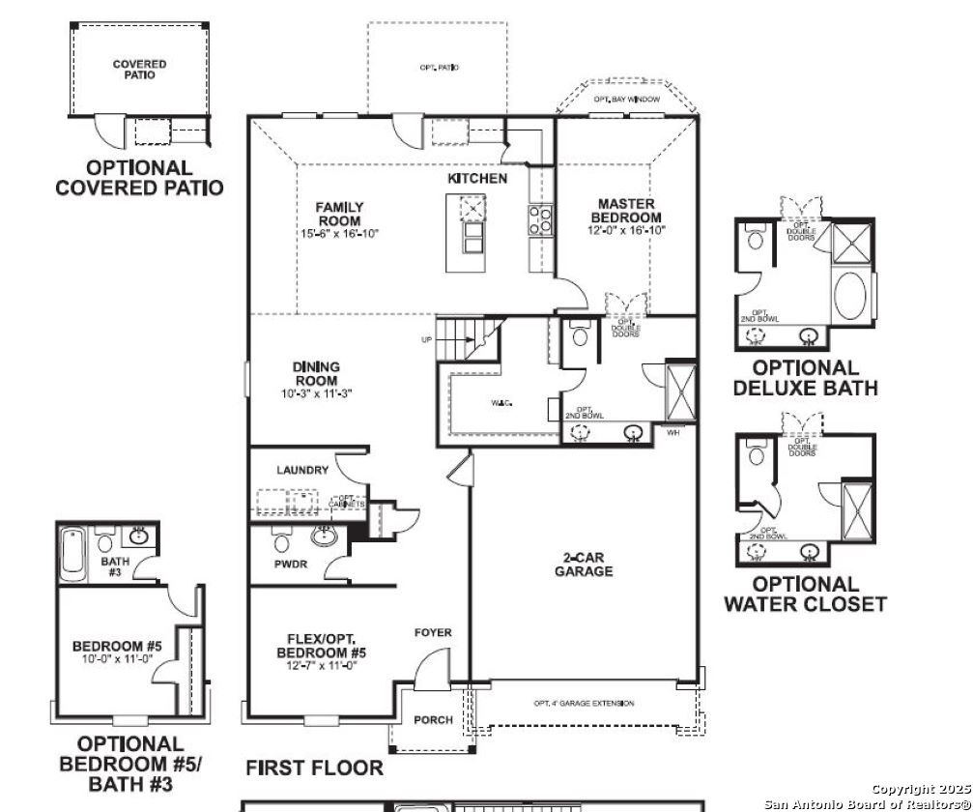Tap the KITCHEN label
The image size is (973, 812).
pos(476,179)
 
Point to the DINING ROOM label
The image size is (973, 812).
pos(316,374)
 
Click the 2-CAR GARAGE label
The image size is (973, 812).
pos(583,565)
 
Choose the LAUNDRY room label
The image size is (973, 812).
pos(302,471)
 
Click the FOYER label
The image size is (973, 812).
pos(433,633)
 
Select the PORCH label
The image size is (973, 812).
pos(433,720)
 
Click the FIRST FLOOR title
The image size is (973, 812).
pos(314,768)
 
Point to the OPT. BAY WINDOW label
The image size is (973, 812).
pos(627,100)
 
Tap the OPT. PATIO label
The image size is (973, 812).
pos(439,68)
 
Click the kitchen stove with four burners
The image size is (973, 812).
pos(539,219)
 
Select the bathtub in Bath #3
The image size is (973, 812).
pos(73,553)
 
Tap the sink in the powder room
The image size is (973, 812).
pos(323,537)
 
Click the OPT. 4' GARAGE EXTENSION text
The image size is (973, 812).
pos(584,703)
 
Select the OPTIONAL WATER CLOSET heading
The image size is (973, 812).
pos(805,594)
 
